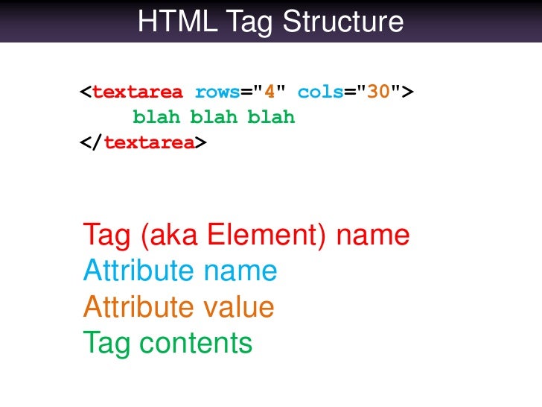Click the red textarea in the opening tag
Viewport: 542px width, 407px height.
[138, 92]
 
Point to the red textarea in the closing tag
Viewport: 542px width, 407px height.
[150, 142]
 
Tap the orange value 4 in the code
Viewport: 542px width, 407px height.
[270, 92]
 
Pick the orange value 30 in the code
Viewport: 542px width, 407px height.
[379, 92]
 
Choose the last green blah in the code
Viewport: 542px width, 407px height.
[271, 118]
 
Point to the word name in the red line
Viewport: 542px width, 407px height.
[374, 236]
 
